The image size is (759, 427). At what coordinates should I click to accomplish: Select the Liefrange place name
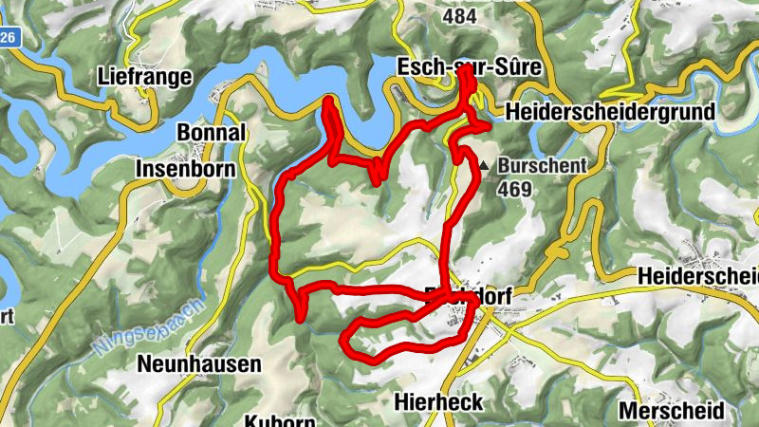(x=145, y=77)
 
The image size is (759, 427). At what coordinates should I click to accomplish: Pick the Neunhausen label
(x=186, y=363)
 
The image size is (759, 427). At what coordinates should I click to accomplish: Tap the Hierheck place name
(x=437, y=402)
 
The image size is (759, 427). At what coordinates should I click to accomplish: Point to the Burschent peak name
(x=542, y=165)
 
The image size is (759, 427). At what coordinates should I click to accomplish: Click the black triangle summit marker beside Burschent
(x=484, y=165)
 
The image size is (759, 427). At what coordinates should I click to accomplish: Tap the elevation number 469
(x=513, y=188)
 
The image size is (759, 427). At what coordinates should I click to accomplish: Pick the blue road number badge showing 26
(x=9, y=37)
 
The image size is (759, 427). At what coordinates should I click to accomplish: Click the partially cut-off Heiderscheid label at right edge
(x=700, y=275)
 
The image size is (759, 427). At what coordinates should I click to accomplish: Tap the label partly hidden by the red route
(x=470, y=297)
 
